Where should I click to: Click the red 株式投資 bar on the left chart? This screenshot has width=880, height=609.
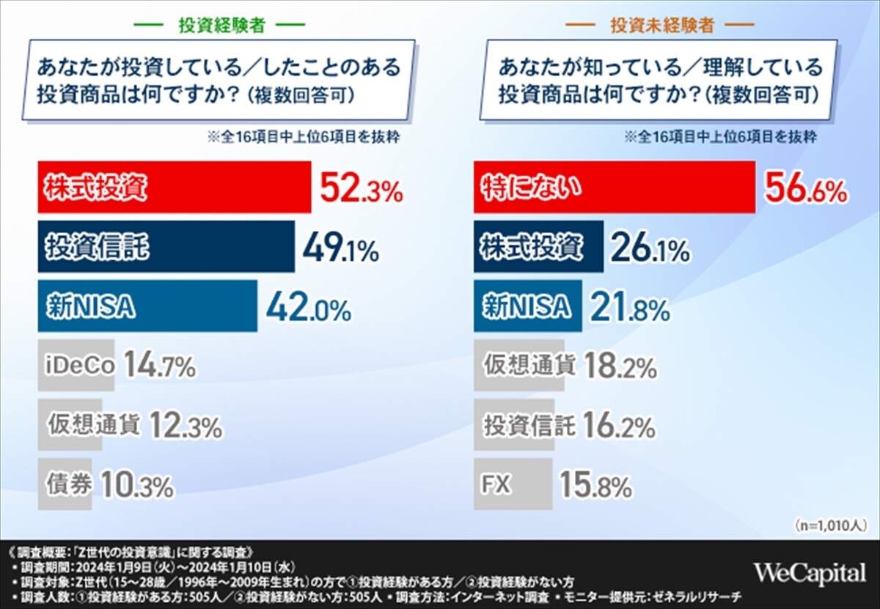[x=174, y=188]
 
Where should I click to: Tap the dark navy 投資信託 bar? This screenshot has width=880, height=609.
[x=166, y=247]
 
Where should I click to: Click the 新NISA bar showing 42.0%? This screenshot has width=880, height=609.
[x=147, y=306]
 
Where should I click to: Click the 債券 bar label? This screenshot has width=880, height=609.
[x=68, y=484]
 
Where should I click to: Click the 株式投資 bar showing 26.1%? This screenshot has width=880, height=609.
[x=539, y=247]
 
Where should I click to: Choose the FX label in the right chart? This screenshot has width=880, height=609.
[x=496, y=484]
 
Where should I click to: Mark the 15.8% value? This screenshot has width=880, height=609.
[x=595, y=485]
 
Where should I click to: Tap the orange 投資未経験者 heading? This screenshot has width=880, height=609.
[x=662, y=25]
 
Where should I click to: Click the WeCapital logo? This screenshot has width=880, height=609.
[x=810, y=572]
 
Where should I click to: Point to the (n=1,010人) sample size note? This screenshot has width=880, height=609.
[x=830, y=525]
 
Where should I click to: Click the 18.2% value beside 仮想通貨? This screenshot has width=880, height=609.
[x=620, y=366]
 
